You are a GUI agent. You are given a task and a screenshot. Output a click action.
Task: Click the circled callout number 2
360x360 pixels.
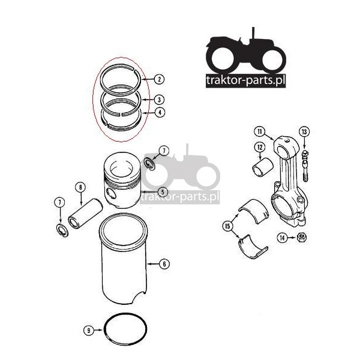(x=160, y=79)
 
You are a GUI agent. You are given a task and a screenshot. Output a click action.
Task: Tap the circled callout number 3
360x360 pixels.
(x=160, y=100)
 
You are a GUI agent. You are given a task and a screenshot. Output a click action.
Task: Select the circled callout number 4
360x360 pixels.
(x=160, y=112)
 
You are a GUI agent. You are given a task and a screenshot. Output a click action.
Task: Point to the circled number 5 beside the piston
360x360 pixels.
(x=163, y=192)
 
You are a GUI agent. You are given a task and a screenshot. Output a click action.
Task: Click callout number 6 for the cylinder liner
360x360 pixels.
(x=164, y=264)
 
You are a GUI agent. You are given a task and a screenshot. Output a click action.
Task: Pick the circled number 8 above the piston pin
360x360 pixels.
(x=80, y=187)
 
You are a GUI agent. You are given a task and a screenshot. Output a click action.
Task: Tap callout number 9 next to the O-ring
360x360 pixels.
(x=89, y=331)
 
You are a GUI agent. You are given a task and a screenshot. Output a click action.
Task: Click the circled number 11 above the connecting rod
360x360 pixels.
(x=260, y=131)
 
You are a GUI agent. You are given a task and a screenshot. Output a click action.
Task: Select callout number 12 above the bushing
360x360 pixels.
(x=260, y=147)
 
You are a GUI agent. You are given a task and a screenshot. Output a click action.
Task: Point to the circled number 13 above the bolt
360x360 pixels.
(x=304, y=132)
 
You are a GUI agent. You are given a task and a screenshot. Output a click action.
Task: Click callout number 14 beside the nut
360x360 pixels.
(x=282, y=238)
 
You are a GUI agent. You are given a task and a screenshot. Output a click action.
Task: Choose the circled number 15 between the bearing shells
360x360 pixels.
(x=227, y=226)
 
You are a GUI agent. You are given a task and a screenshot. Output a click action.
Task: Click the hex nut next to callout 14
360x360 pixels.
(x=301, y=238)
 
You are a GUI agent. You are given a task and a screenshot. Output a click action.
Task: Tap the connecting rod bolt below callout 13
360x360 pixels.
(x=305, y=166)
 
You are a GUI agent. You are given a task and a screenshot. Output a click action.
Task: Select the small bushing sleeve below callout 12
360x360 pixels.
(x=263, y=168)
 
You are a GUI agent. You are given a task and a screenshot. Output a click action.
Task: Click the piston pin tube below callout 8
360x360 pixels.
(x=85, y=214)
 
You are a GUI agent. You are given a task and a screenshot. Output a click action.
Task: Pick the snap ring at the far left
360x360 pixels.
(x=62, y=230)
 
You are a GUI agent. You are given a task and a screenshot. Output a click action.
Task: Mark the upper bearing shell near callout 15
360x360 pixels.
(x=254, y=210)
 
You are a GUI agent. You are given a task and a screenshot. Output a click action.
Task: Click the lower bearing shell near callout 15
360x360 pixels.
(x=253, y=247)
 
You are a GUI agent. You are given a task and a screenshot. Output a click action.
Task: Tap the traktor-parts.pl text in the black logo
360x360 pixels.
(x=245, y=80)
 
